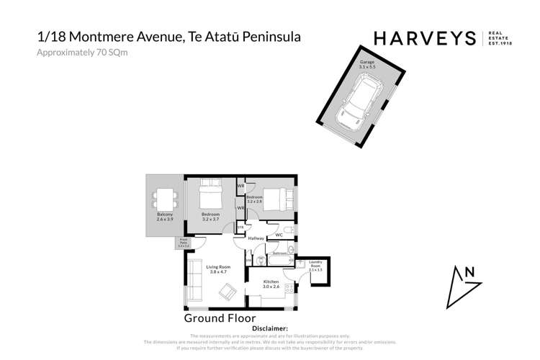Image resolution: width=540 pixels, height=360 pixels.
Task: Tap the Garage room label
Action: click(367, 63)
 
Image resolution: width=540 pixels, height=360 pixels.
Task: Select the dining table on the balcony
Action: click(166, 198)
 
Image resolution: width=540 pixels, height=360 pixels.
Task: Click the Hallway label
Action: click(256, 238)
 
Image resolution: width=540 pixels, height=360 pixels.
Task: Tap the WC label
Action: click(278, 235)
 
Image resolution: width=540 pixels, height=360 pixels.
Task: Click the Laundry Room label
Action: click(315, 266)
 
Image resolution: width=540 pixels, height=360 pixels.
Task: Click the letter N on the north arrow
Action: click(469, 271)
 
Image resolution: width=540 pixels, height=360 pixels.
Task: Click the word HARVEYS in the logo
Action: click(424, 38)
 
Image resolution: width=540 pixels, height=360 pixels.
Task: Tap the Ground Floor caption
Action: click(220, 318)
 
